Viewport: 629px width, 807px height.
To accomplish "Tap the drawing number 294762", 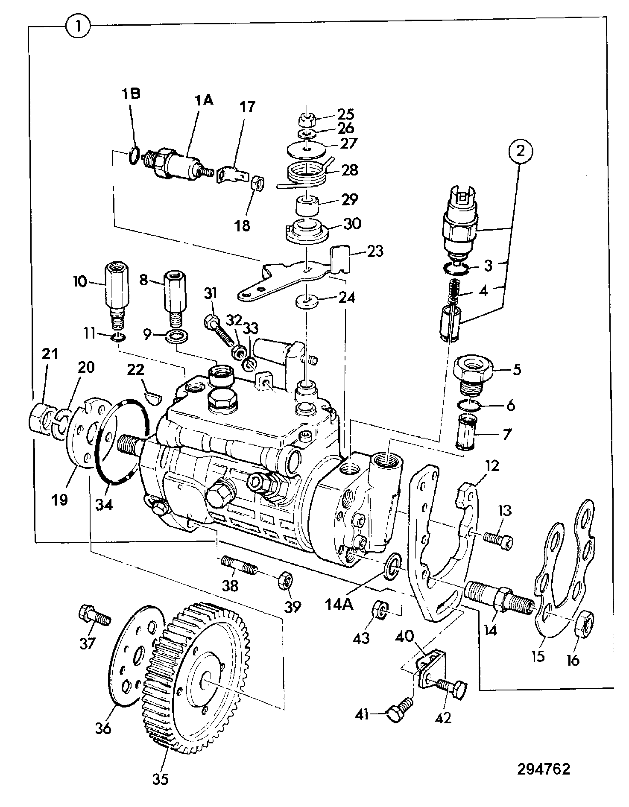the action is coord(544,769).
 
